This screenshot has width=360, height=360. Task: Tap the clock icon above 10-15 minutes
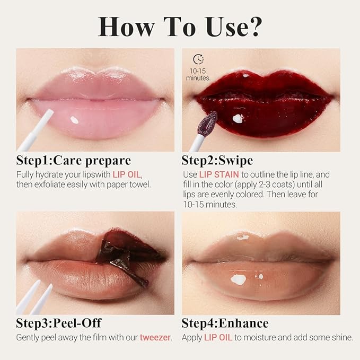coord(198,59)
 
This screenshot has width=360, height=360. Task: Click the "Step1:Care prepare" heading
coord(73,161)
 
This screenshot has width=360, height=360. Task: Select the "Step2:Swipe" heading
coord(217,161)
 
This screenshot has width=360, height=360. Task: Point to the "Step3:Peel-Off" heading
coord(58,323)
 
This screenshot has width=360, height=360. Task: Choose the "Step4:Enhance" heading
coord(225,323)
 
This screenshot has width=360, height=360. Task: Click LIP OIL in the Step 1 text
coord(128,174)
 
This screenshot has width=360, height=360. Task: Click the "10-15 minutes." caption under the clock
coord(198,74)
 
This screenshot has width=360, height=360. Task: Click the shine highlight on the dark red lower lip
coord(238,118)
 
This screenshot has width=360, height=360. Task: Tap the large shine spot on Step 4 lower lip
coord(239,279)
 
